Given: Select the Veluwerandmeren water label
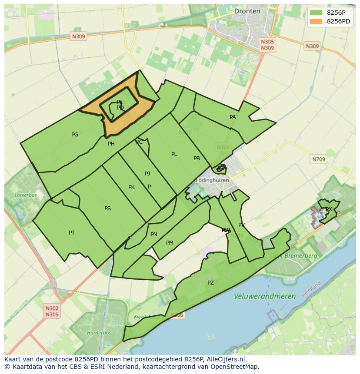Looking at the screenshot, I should click(x=264, y=296).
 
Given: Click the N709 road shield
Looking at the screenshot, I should click(x=318, y=159).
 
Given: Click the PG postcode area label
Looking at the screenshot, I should click(x=75, y=135).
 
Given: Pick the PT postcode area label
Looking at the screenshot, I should click(x=72, y=233).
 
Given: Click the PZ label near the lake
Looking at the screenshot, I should click(x=210, y=283).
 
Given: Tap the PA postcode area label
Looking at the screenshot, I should click(x=233, y=117).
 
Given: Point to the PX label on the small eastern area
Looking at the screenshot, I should click(x=329, y=209).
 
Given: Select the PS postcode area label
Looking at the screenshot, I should click(x=107, y=209).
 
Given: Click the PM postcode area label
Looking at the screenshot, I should click(x=170, y=243).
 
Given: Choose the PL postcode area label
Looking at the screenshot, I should click(x=174, y=154).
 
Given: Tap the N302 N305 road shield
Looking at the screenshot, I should click(x=52, y=311).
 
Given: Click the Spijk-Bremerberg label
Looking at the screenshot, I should click(x=293, y=256).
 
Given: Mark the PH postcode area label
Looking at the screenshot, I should click(x=111, y=144).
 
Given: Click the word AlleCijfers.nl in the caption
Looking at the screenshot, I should click(x=226, y=359).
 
